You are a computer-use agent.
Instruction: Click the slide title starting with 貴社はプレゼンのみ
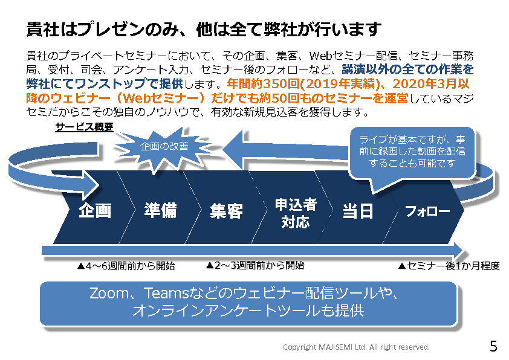point(204,29)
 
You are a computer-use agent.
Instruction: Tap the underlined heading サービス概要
point(85,127)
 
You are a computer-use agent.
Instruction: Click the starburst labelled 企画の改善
point(164,147)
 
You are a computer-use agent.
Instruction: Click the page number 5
point(493,346)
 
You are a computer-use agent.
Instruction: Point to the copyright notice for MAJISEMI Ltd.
point(356,347)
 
